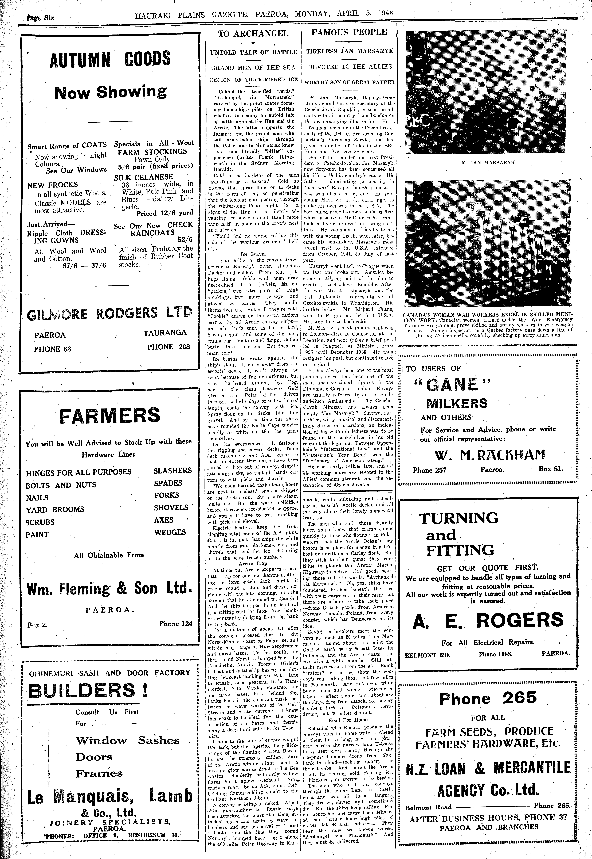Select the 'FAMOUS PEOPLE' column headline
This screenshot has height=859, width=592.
349,32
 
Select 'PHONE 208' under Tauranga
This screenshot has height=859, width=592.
168,347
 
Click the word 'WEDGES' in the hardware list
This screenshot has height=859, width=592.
170,532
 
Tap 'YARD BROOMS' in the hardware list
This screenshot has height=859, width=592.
55,510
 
